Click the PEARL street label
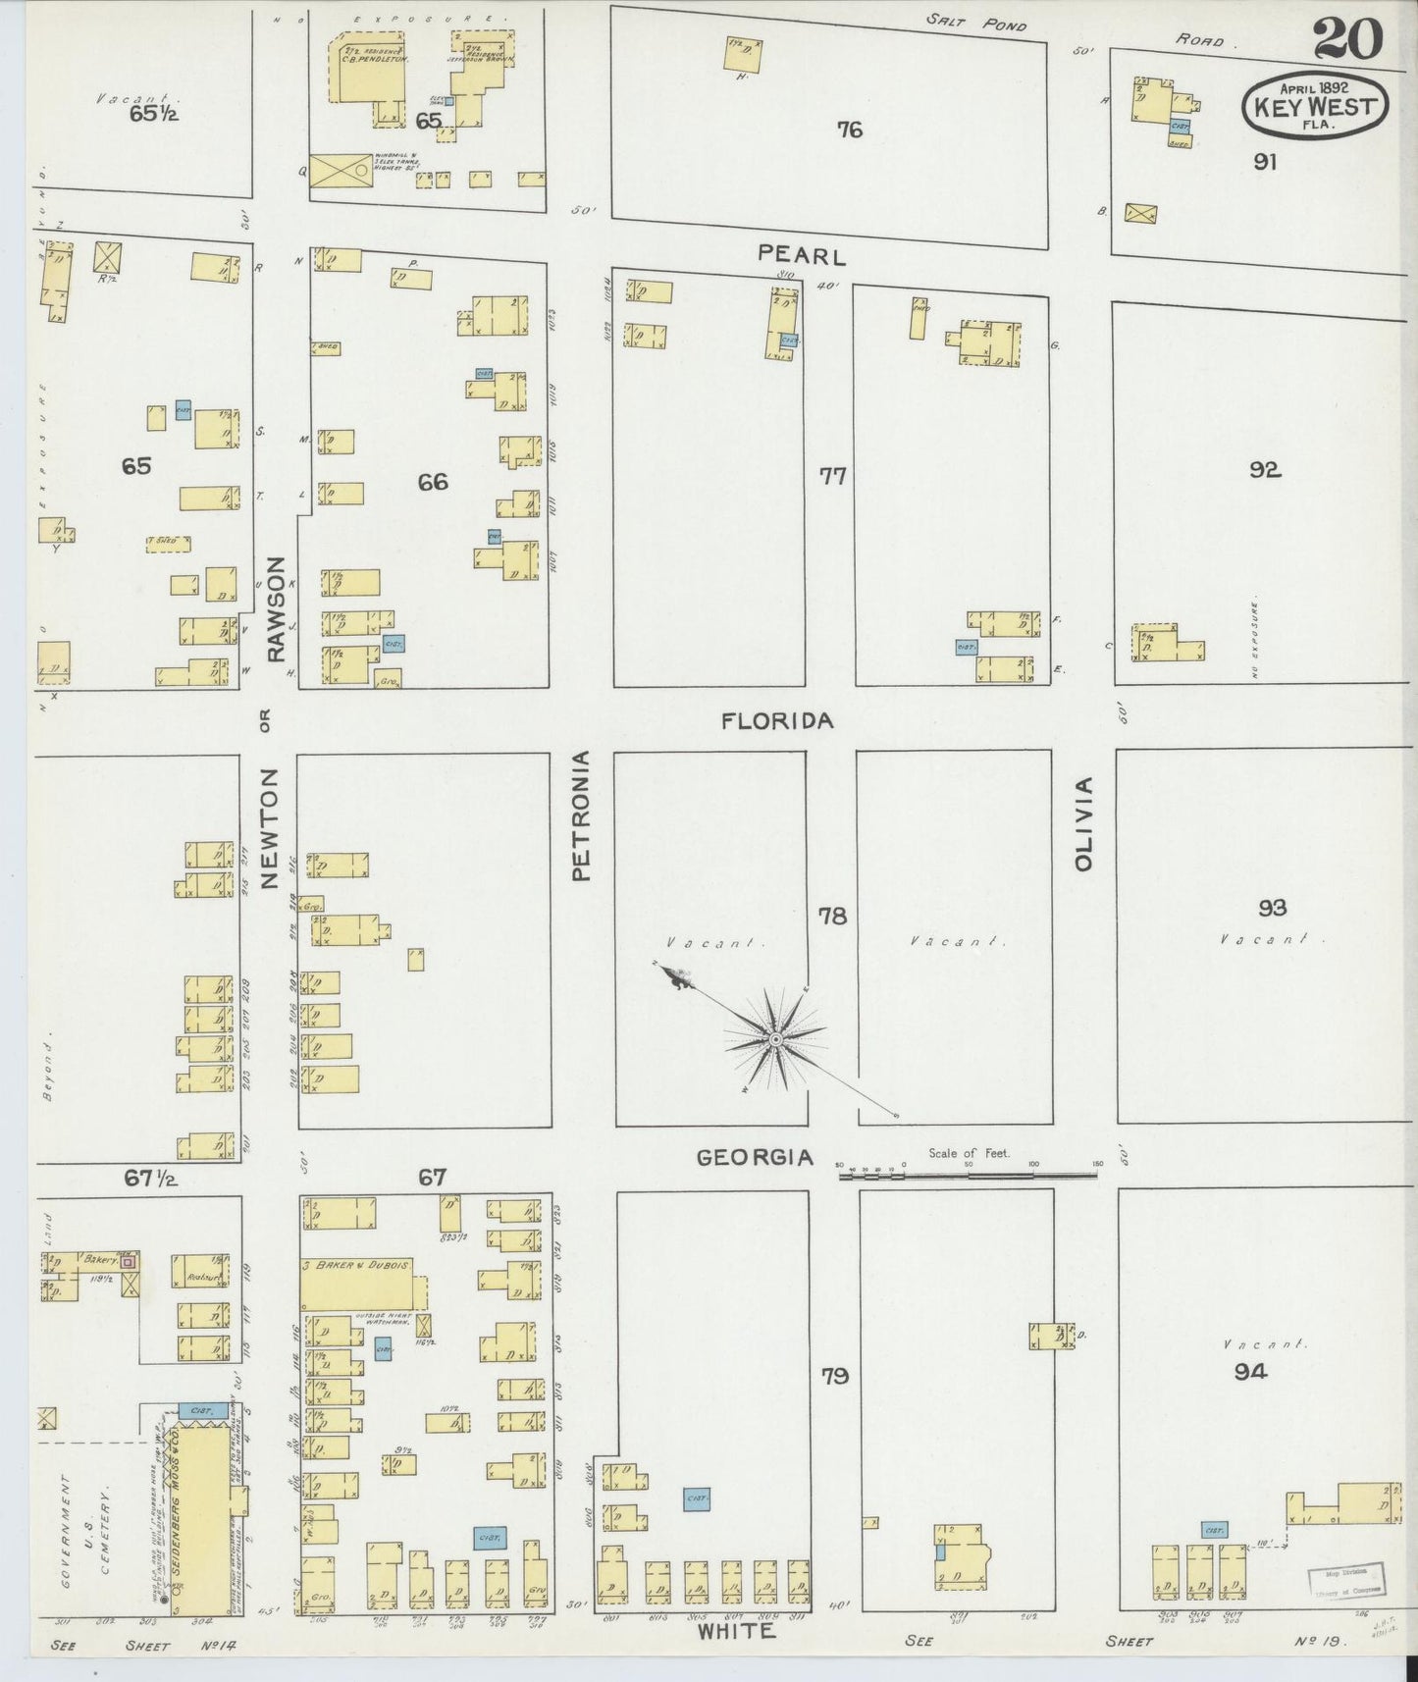click(801, 256)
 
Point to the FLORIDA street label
click(777, 721)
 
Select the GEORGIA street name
click(755, 1158)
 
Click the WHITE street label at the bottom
click(736, 1632)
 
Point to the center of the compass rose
click(775, 1039)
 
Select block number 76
click(850, 130)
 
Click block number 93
click(1272, 908)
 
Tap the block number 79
click(834, 1376)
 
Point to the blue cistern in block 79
click(697, 1498)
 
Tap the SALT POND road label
click(975, 24)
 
